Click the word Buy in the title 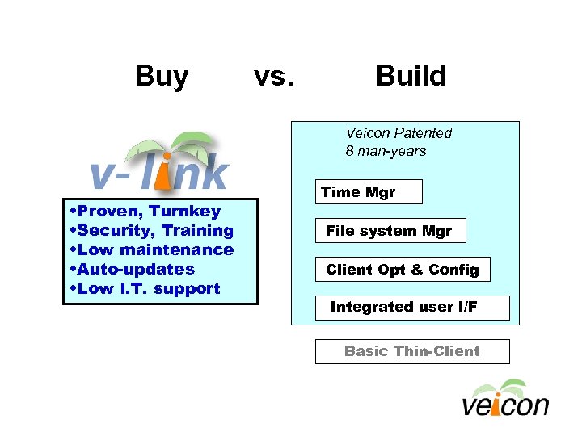pyautogui.click(x=162, y=76)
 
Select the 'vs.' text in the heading pyautogui.click(x=274, y=76)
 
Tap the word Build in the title pyautogui.click(x=411, y=76)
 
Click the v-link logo pyautogui.click(x=159, y=165)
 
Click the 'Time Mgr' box pyautogui.click(x=368, y=192)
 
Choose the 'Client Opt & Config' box pyautogui.click(x=402, y=270)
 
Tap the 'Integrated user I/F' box pyautogui.click(x=412, y=308)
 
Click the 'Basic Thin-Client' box pyautogui.click(x=412, y=351)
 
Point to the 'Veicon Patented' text pyautogui.click(x=399, y=133)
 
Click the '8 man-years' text pyautogui.click(x=386, y=151)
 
